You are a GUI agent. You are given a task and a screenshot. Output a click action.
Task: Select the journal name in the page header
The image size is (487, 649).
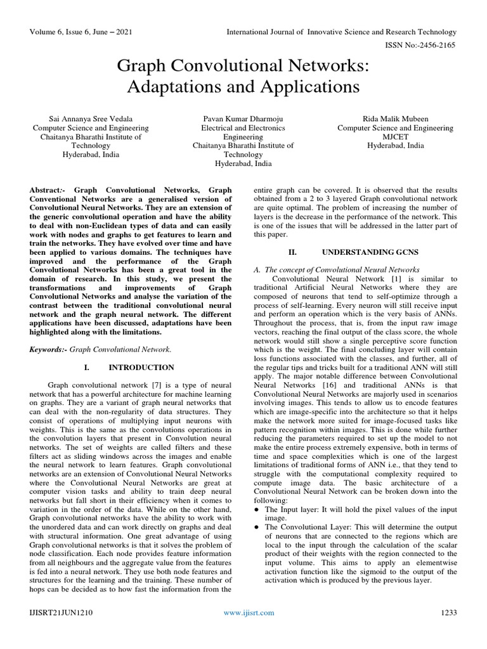coord(342,32)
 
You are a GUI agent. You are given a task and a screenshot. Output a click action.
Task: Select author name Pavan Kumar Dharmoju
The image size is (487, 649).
coord(243,119)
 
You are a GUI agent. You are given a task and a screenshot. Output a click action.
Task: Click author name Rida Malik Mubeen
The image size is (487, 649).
coord(395,119)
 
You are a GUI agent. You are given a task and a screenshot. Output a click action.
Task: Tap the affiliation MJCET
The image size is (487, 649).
coord(395,136)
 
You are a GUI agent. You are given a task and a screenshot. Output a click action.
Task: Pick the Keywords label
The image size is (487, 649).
coord(49,349)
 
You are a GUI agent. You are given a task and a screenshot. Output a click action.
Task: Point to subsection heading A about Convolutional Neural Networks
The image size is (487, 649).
coord(336,270)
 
